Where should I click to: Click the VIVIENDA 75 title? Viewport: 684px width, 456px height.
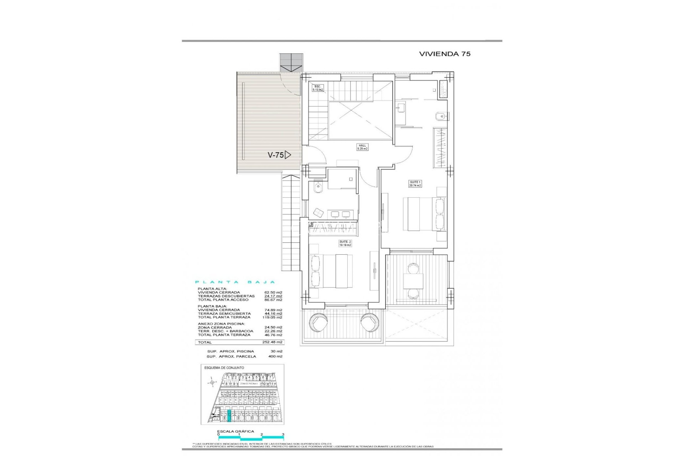click(445, 54)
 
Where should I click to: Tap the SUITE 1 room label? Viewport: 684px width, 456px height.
click(415, 184)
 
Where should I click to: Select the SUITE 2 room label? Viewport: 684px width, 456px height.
click(345, 243)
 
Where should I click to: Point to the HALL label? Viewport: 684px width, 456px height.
click(362, 147)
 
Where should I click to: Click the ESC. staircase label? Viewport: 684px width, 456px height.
click(317, 88)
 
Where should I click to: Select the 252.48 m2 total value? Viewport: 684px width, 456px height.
click(272, 342)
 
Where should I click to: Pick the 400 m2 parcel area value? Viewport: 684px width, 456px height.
click(275, 356)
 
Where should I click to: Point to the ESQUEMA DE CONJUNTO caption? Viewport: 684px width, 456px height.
click(224, 368)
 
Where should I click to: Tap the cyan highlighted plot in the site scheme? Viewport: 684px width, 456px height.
click(229, 416)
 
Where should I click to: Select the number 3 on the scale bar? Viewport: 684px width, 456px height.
click(283, 435)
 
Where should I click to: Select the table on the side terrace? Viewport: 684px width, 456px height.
click(413, 281)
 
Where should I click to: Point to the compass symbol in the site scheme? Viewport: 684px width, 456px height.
click(212, 383)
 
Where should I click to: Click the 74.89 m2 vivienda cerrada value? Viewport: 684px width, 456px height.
click(274, 310)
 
